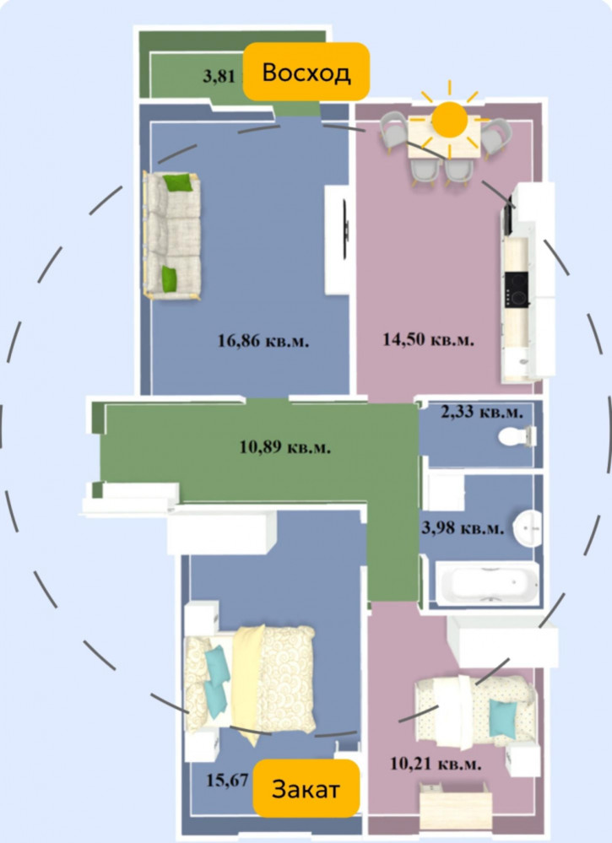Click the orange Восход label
(306, 72)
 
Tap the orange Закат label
(306, 789)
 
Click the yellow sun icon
(449, 119)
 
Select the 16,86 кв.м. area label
(263, 340)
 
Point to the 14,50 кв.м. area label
(429, 339)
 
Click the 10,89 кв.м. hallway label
(285, 446)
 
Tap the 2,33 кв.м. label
(482, 413)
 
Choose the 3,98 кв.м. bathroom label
(463, 528)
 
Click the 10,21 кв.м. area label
(436, 764)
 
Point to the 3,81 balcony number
(219, 76)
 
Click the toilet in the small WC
(517, 435)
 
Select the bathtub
(487, 583)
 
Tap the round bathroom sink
(527, 528)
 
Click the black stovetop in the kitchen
(517, 289)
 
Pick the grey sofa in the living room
(172, 235)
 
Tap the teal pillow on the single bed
(502, 718)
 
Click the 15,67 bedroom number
(227, 780)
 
